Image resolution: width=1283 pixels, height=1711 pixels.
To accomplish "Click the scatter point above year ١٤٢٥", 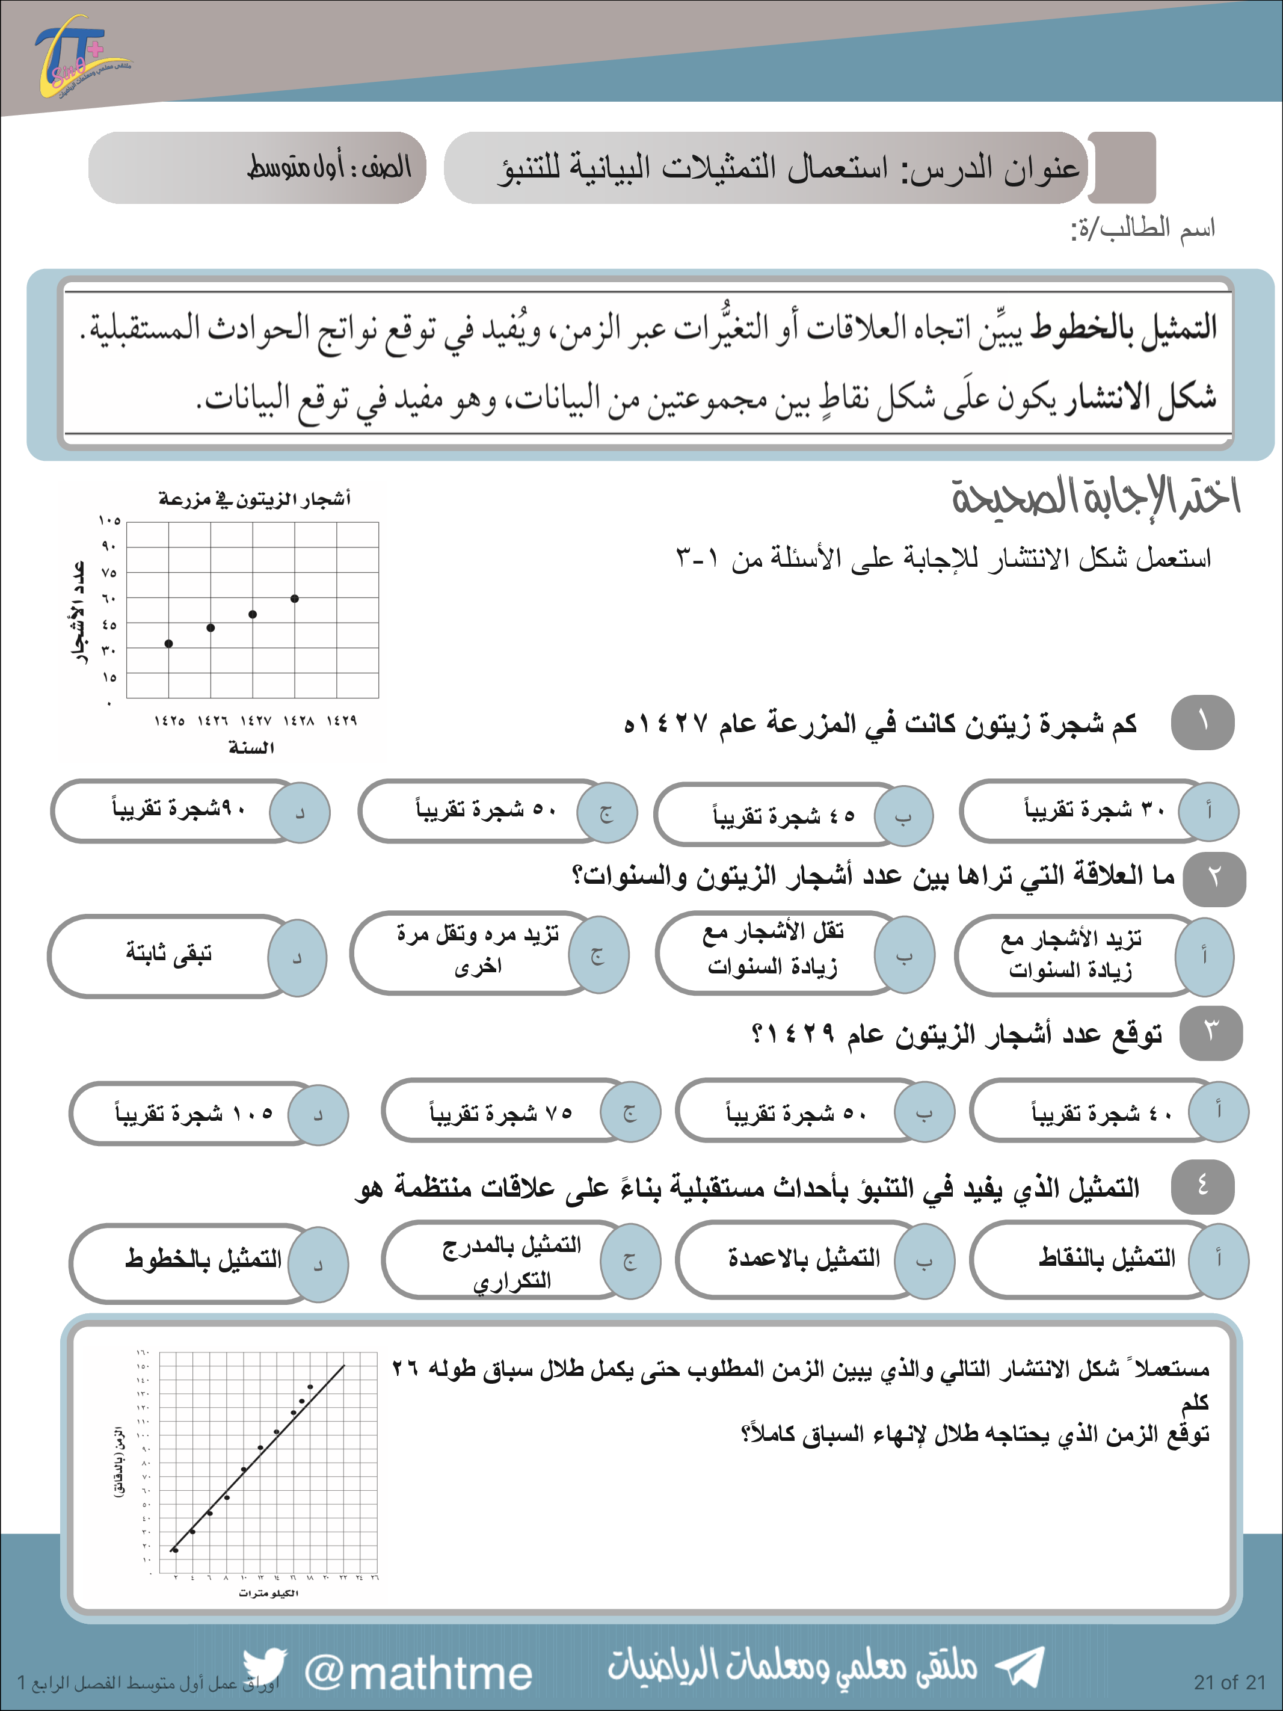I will point(168,644).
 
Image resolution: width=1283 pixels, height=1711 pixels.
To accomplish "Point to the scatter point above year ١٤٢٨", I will point(295,599).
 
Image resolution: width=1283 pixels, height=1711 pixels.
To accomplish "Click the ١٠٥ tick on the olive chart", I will point(109,520).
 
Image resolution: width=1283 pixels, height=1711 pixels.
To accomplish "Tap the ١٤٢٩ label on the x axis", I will point(341,721).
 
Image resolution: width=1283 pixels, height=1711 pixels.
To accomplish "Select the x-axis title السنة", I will point(251,748).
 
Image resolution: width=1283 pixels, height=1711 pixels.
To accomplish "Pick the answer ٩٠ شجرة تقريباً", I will point(179,810).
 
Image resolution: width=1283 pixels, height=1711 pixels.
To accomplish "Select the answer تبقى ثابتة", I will point(168,955).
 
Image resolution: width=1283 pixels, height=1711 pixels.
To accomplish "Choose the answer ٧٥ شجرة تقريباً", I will point(501,1113).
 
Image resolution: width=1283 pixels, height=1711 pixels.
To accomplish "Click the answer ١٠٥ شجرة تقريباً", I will point(194,1113).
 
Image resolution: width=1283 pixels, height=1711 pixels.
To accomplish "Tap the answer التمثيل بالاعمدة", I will point(804,1259).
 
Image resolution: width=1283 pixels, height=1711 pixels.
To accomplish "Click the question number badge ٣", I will point(1211,1032).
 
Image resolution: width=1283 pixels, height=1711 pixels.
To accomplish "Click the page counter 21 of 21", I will point(1229,1682).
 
